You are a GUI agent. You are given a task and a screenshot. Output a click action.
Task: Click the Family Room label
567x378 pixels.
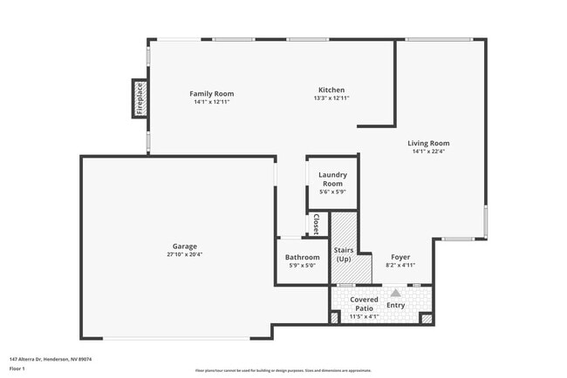click(x=212, y=94)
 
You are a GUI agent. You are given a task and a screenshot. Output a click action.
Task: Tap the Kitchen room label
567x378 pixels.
click(x=331, y=90)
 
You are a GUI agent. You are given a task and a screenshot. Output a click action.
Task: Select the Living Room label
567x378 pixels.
click(x=428, y=143)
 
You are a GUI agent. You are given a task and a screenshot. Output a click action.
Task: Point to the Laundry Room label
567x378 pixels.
click(x=332, y=179)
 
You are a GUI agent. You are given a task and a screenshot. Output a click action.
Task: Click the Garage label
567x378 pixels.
click(x=184, y=246)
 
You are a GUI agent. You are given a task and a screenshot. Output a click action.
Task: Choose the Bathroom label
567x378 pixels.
click(x=303, y=257)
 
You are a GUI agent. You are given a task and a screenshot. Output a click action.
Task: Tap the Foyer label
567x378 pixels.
click(x=400, y=257)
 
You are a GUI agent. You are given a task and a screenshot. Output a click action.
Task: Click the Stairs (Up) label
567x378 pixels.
click(x=344, y=254)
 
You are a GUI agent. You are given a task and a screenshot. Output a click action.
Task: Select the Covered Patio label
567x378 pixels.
click(x=365, y=303)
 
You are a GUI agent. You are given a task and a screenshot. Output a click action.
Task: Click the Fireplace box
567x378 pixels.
click(x=139, y=98)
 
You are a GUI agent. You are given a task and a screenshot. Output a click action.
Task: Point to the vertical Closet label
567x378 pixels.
click(x=316, y=225)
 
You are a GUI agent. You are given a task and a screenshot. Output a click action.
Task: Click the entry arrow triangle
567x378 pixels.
click(x=395, y=294)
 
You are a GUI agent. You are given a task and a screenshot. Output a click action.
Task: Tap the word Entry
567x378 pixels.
click(x=396, y=305)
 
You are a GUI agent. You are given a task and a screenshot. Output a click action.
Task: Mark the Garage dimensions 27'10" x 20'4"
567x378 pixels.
click(x=184, y=255)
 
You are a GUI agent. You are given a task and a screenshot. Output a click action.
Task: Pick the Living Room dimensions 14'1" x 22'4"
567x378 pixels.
click(x=428, y=152)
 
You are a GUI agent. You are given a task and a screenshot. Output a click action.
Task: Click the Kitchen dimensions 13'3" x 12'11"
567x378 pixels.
click(x=331, y=98)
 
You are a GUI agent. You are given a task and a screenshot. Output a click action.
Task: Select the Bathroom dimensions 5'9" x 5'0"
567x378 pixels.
click(x=303, y=266)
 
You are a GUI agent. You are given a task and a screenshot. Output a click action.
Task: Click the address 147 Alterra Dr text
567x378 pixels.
click(x=51, y=359)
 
